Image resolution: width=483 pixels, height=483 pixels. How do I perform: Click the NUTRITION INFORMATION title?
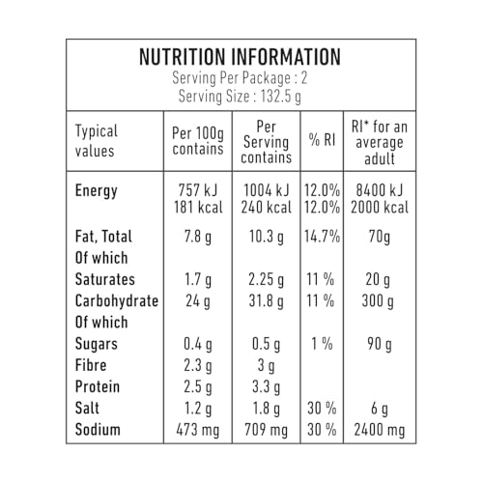[240, 57]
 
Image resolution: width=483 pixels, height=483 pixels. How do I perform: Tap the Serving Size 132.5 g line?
[240, 96]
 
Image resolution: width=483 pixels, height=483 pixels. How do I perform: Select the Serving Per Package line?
[240, 77]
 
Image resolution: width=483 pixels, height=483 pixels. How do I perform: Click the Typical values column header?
[96, 141]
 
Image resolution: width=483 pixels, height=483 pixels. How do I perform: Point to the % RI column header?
[322, 140]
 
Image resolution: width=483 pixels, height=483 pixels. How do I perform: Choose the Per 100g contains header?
[198, 141]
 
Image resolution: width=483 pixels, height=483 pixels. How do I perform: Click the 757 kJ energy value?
[198, 190]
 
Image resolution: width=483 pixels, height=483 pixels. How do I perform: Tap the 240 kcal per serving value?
[266, 207]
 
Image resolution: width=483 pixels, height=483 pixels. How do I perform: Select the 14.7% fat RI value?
[322, 237]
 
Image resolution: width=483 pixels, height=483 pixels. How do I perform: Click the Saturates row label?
[105, 279]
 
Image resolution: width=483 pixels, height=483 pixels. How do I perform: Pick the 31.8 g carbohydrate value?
[266, 301]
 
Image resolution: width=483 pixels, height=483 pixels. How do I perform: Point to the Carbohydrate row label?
[117, 300]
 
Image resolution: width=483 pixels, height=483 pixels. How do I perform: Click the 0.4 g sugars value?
[198, 344]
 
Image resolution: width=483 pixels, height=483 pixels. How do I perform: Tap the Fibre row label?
[91, 365]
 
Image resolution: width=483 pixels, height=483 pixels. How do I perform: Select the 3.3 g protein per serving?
[266, 386]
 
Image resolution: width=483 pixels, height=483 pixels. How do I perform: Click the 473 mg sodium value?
[198, 430]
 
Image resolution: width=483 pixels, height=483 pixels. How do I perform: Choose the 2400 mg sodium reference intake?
[380, 430]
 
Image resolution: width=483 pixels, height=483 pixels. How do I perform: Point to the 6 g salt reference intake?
[380, 409]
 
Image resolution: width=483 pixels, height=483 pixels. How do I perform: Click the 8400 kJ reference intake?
[380, 190]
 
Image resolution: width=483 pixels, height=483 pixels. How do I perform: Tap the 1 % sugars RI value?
[322, 344]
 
